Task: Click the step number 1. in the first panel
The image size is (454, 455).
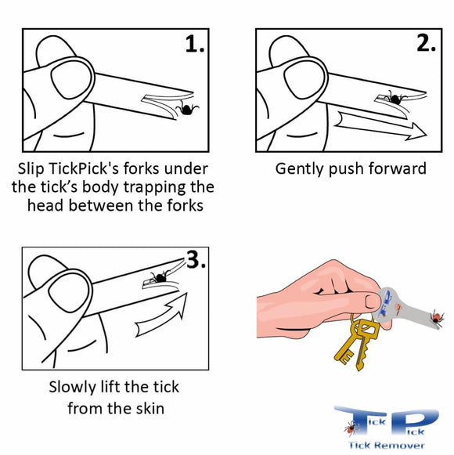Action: click(x=194, y=45)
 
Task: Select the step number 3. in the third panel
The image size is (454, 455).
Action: click(x=196, y=261)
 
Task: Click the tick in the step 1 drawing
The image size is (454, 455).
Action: click(x=188, y=109)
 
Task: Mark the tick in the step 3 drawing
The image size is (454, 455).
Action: click(x=160, y=276)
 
